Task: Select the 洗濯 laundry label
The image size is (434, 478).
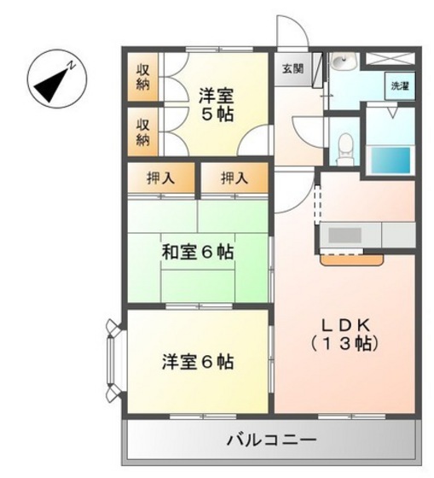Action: click(399, 85)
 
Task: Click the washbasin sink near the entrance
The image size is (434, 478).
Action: click(344, 62)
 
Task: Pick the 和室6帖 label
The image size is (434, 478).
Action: click(199, 253)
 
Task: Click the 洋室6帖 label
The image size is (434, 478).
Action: click(199, 361)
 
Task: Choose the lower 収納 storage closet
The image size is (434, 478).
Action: click(143, 131)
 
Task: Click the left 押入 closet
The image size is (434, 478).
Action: click(161, 179)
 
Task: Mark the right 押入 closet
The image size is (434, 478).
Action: click(234, 179)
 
